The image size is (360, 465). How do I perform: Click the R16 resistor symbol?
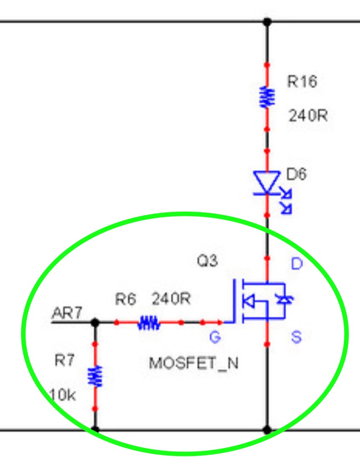(x=267, y=97)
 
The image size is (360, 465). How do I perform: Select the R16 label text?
(x=302, y=81)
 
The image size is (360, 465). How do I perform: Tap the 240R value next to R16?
(x=308, y=116)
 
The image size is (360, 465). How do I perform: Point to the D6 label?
(x=296, y=174)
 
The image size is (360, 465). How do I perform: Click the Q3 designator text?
(x=207, y=261)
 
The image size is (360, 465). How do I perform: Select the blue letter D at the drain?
(x=297, y=264)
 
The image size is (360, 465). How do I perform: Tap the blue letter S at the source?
(x=296, y=337)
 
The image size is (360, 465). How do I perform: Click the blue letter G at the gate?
(x=215, y=337)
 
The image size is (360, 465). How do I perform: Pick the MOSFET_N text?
(x=193, y=363)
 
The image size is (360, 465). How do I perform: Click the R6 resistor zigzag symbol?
(x=149, y=323)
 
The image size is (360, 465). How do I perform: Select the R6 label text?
(x=126, y=299)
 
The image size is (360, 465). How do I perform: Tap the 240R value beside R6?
(x=171, y=299)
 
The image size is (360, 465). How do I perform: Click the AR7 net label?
(x=67, y=313)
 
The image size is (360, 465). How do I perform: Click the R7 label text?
(x=64, y=360)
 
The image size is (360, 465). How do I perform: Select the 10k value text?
(x=62, y=395)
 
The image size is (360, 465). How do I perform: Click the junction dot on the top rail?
(x=267, y=22)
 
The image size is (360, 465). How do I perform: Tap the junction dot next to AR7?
(x=95, y=323)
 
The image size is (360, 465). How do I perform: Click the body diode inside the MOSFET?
(x=284, y=300)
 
